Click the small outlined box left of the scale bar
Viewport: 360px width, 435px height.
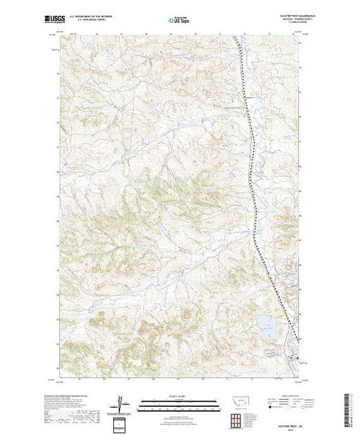(124, 423)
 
